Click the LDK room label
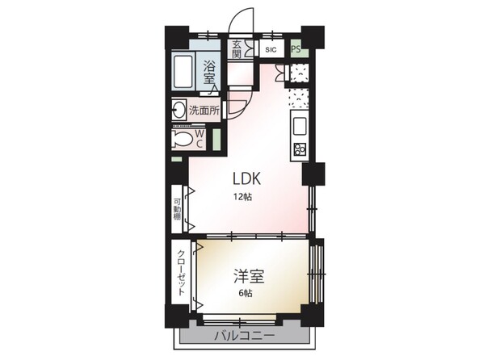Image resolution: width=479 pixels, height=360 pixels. [x=246, y=178]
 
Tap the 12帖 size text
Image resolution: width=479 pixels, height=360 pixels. [x=243, y=197]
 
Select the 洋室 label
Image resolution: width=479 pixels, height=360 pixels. [x=249, y=276]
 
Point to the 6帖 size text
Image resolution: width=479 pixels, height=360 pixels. [x=246, y=294]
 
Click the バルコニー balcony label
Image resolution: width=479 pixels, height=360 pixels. [x=245, y=336]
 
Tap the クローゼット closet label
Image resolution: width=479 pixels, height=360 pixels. [x=181, y=273]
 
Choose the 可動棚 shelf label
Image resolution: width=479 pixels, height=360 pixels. [x=177, y=210]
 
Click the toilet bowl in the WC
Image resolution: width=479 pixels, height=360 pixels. [x=182, y=140]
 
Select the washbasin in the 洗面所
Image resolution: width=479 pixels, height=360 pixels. [x=179, y=109]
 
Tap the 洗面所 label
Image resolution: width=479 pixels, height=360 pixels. [x=204, y=111]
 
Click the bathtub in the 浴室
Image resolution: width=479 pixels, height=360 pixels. [x=183, y=72]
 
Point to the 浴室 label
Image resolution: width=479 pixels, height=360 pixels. [x=209, y=72]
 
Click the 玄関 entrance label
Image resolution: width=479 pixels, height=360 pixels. [x=237, y=49]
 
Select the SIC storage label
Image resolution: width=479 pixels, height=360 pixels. [x=271, y=49]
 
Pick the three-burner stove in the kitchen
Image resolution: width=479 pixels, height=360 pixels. [x=300, y=149]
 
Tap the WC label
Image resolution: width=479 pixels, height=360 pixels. [x=200, y=138]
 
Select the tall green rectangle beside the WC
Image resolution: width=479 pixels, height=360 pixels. [x=216, y=140]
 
